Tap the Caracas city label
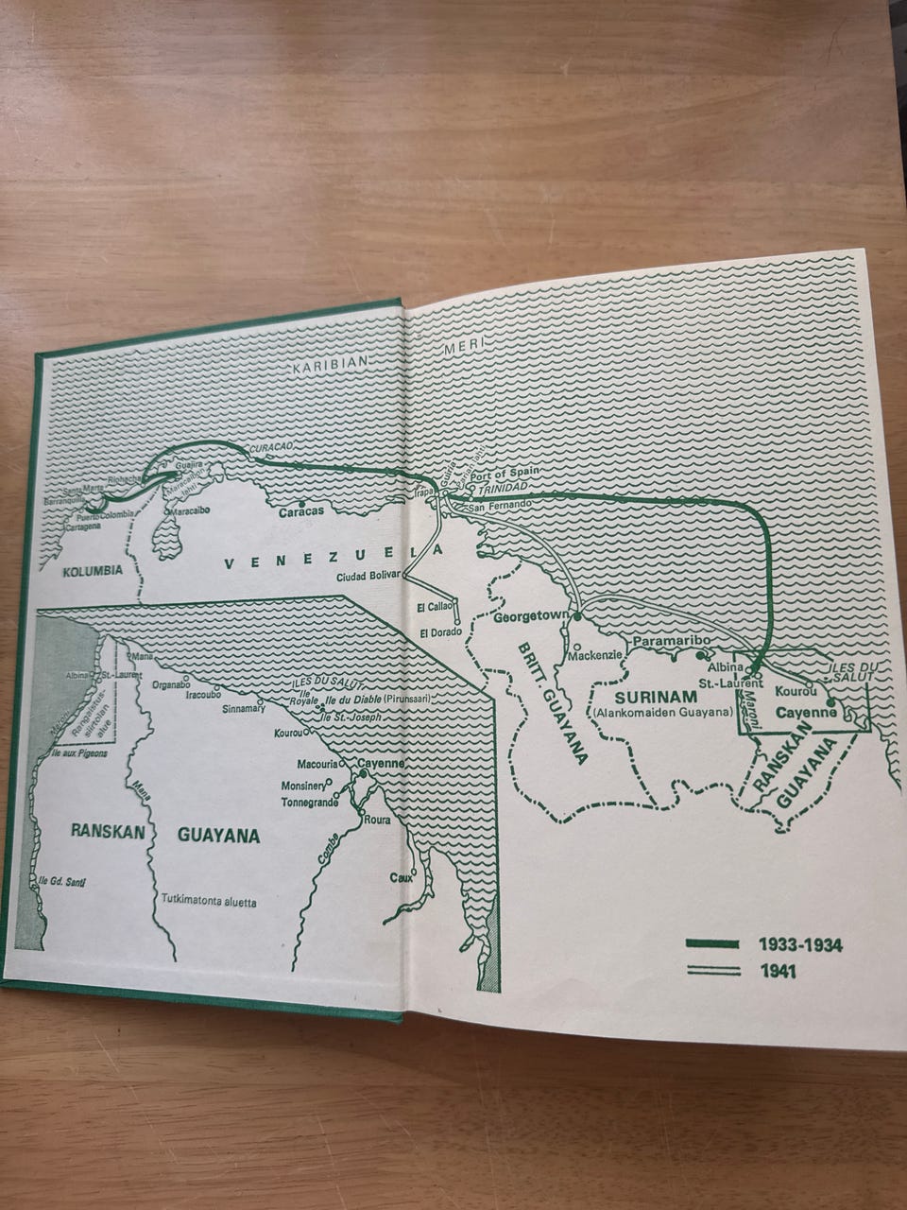[x=301, y=511]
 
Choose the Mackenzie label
[x=594, y=654]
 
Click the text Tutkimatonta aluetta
[x=209, y=902]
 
